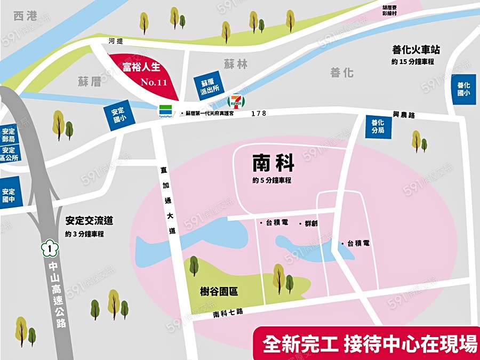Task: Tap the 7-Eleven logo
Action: [x=234, y=101]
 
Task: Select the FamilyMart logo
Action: [x=165, y=111]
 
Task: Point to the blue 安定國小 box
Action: [x=117, y=116]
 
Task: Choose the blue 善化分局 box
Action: [x=378, y=126]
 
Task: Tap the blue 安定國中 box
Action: [x=9, y=195]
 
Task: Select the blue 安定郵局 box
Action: [x=9, y=135]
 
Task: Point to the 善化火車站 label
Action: [x=416, y=50]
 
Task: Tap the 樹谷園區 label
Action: [x=219, y=292]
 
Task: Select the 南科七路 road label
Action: [x=228, y=313]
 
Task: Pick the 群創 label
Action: [x=310, y=223]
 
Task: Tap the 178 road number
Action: [x=259, y=114]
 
